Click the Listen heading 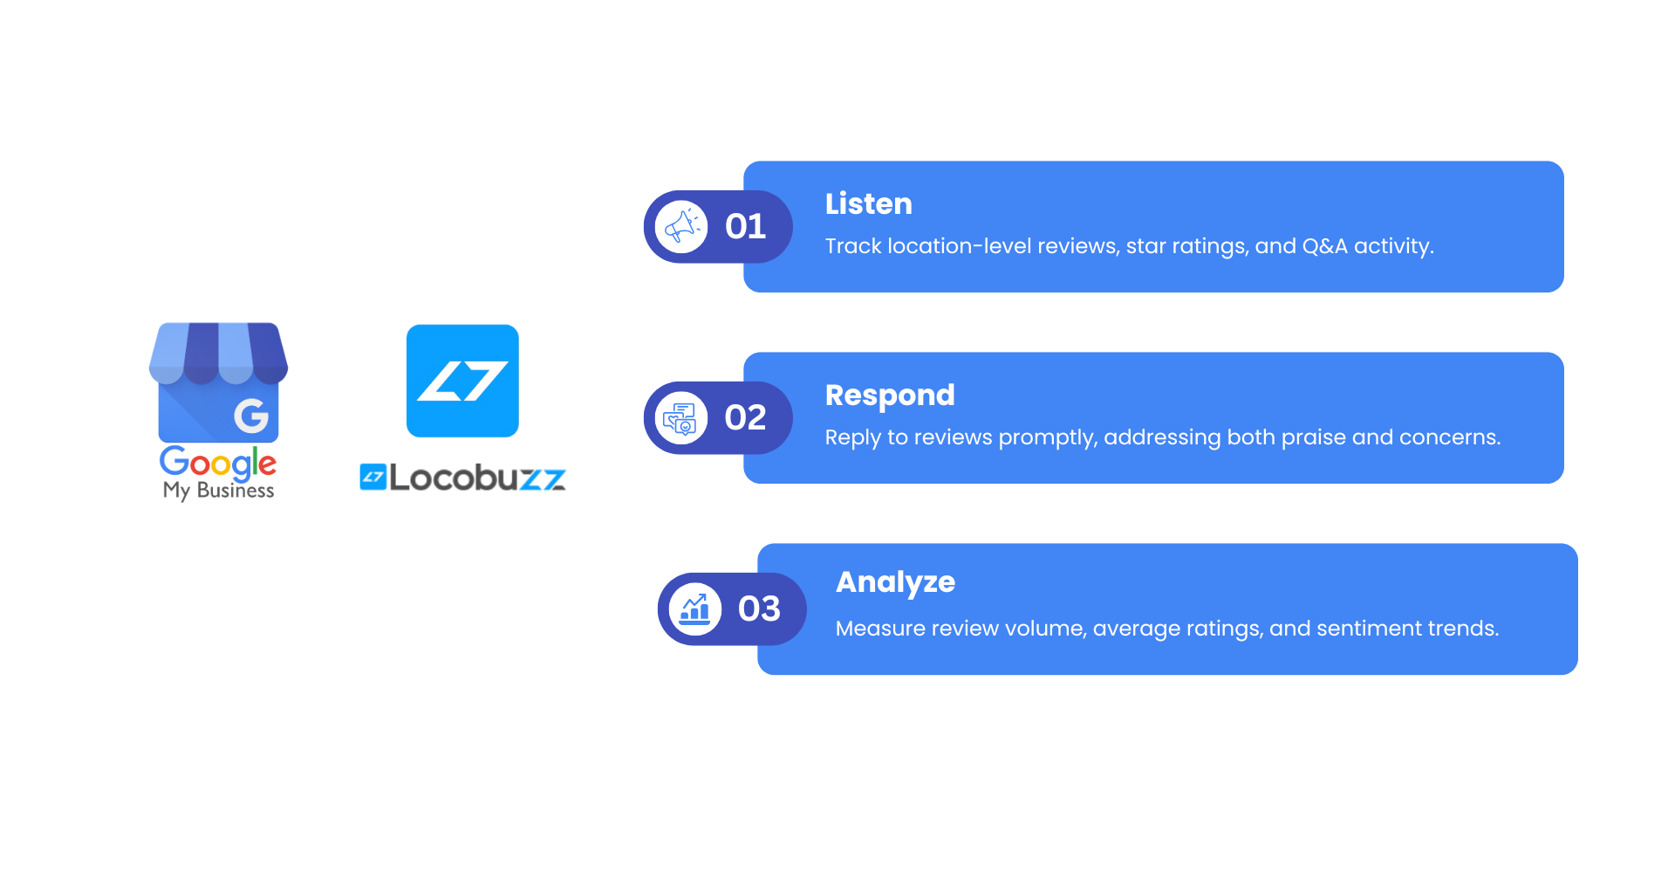point(868,203)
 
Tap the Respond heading point(890,395)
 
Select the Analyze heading point(895,582)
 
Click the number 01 point(745,227)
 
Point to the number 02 point(745,418)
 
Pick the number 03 point(759,609)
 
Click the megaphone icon point(681,227)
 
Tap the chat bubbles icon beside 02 point(680,418)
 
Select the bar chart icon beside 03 point(695,609)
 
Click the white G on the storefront point(251,416)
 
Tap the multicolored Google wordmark point(218,462)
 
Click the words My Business point(219,491)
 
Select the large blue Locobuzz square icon point(462,381)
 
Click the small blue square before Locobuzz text point(373,477)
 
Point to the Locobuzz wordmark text point(477,478)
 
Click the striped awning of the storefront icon point(218,354)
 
